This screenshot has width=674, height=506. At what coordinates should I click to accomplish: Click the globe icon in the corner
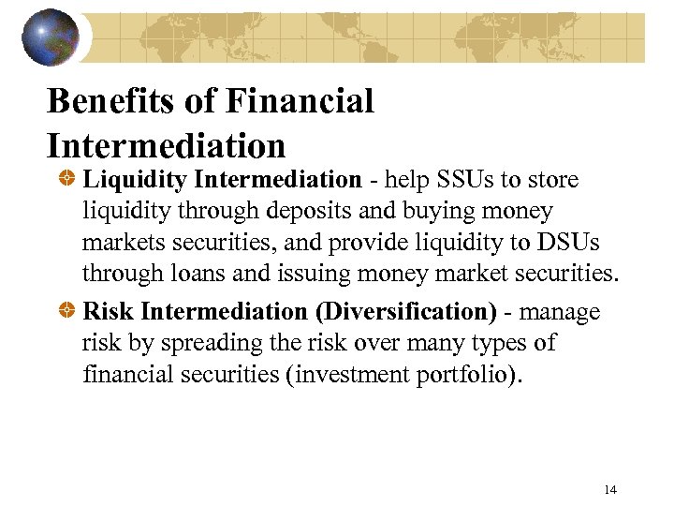(52, 37)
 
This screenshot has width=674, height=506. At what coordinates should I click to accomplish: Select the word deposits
(290, 211)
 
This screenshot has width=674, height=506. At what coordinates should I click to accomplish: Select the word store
(556, 179)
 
